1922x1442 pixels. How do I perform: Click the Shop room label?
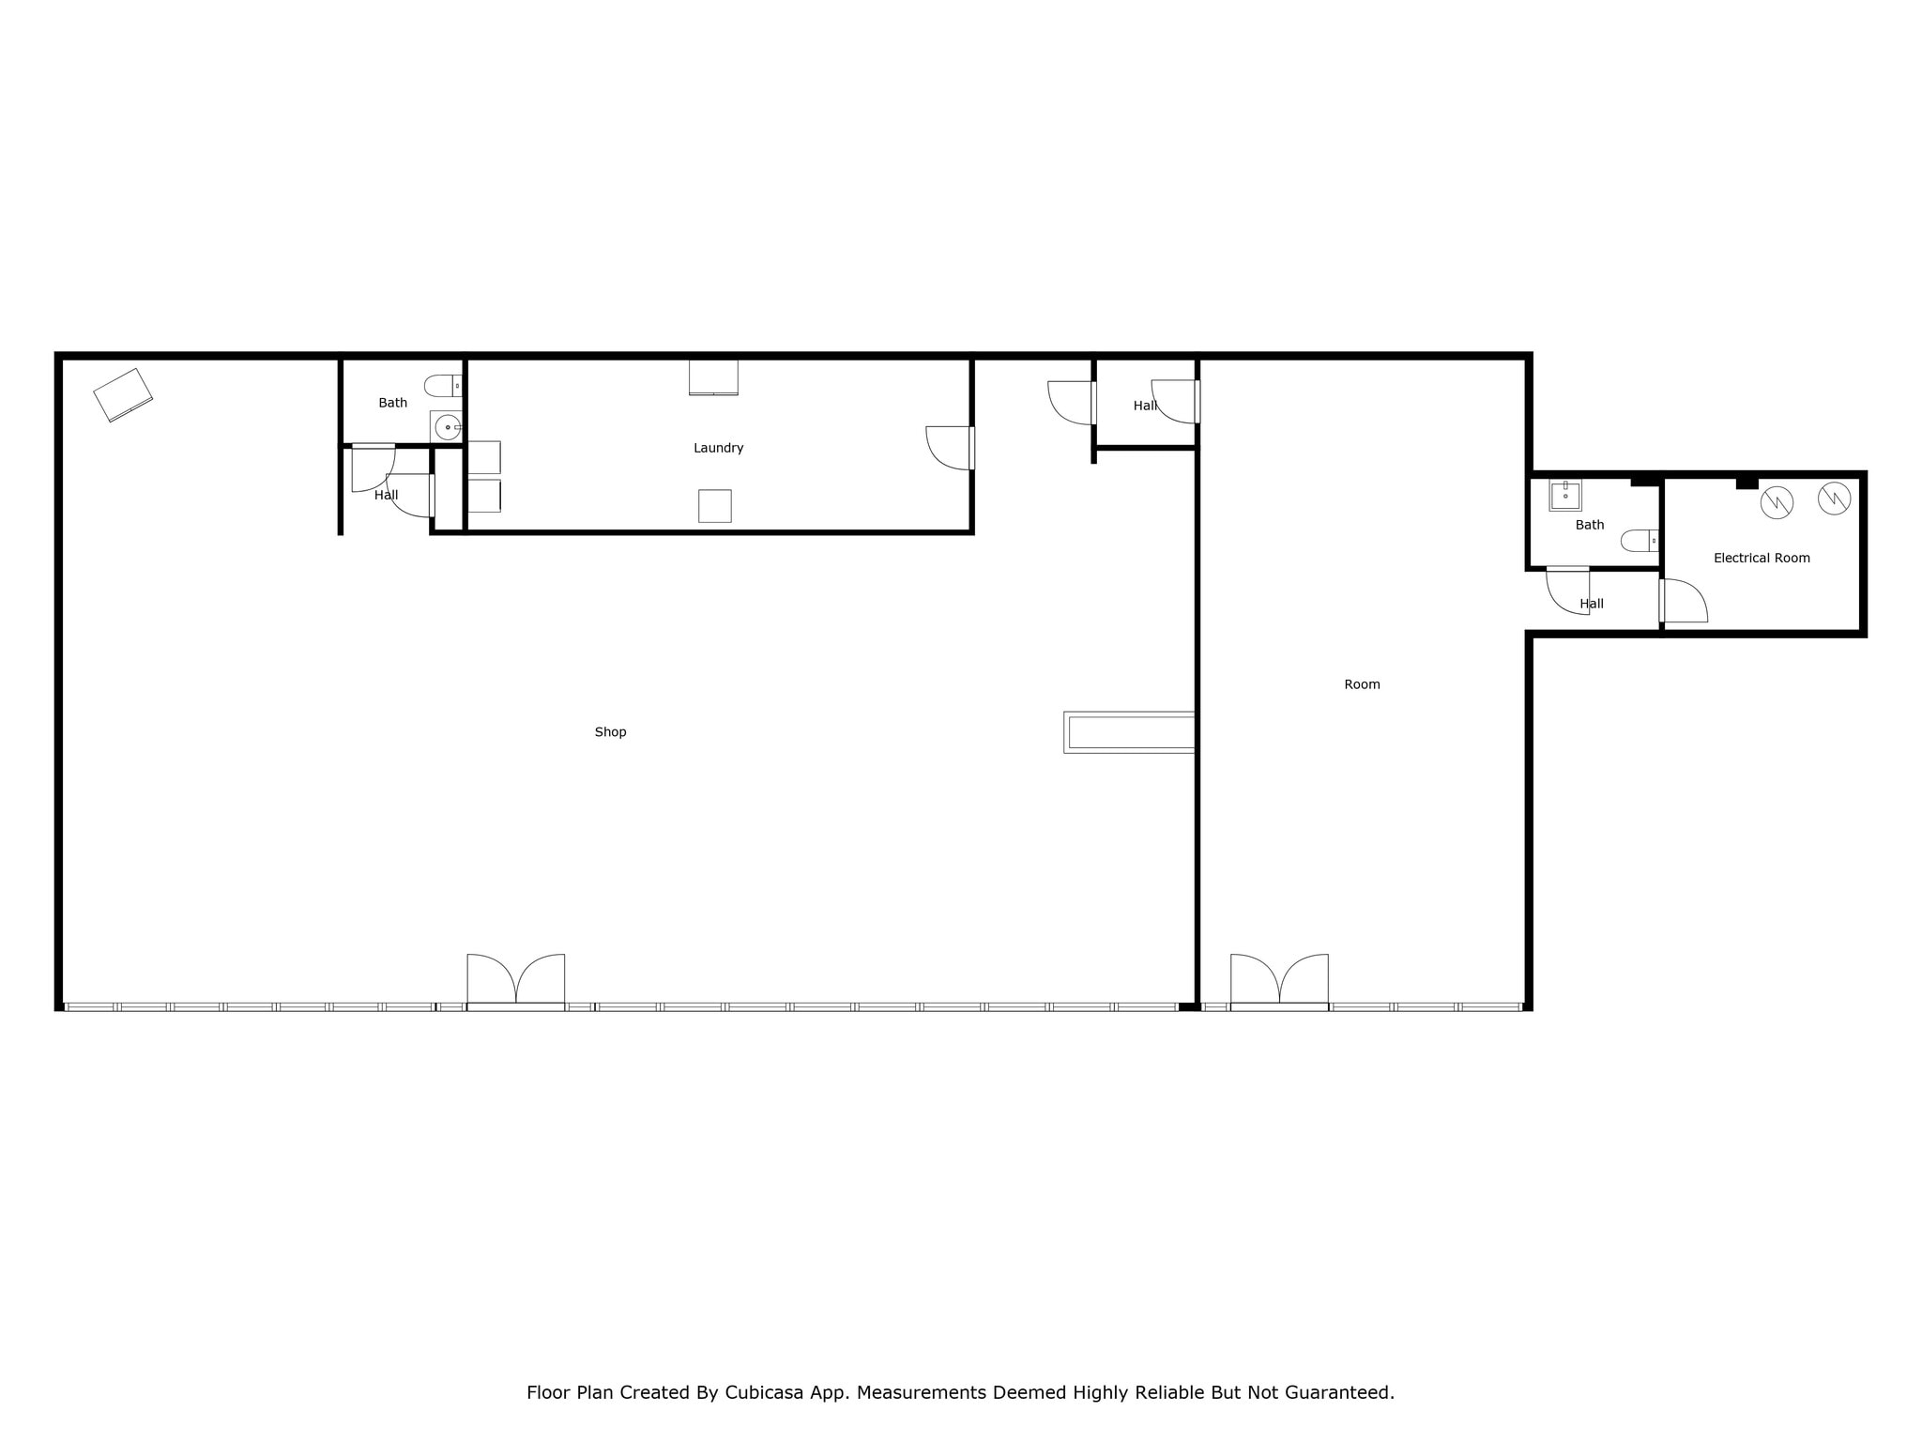tap(610, 732)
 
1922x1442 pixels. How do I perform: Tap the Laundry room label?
tap(718, 448)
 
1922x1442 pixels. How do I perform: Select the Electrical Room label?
tap(1762, 558)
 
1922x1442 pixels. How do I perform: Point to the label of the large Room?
tap(1362, 684)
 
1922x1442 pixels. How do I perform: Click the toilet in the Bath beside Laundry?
tap(442, 385)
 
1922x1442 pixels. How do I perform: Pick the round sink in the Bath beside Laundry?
tap(448, 427)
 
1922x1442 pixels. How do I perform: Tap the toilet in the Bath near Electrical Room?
tap(1640, 541)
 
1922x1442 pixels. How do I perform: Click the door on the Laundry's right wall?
tap(950, 448)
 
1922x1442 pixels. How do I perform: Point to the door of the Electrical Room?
tap(1684, 601)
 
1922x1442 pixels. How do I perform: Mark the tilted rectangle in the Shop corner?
tap(123, 394)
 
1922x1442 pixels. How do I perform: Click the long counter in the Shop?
tap(1130, 732)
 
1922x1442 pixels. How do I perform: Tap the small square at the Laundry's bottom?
tap(714, 506)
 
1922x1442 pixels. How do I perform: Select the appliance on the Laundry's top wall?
tap(713, 377)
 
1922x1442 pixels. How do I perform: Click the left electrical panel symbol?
tap(1777, 502)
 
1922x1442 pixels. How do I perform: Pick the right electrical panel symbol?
tap(1834, 499)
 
